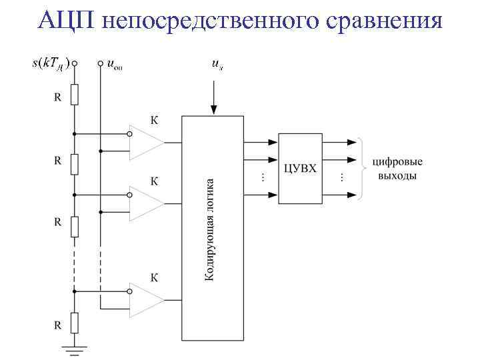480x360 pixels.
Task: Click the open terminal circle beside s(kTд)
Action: point(75,64)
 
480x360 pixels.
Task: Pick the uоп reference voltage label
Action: point(115,65)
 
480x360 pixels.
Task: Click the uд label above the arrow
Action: point(217,64)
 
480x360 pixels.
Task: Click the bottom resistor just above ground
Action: point(75,323)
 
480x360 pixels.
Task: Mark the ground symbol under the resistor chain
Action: point(75,347)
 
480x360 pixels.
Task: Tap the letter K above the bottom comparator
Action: point(154,275)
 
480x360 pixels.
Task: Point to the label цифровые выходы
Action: point(397,169)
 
